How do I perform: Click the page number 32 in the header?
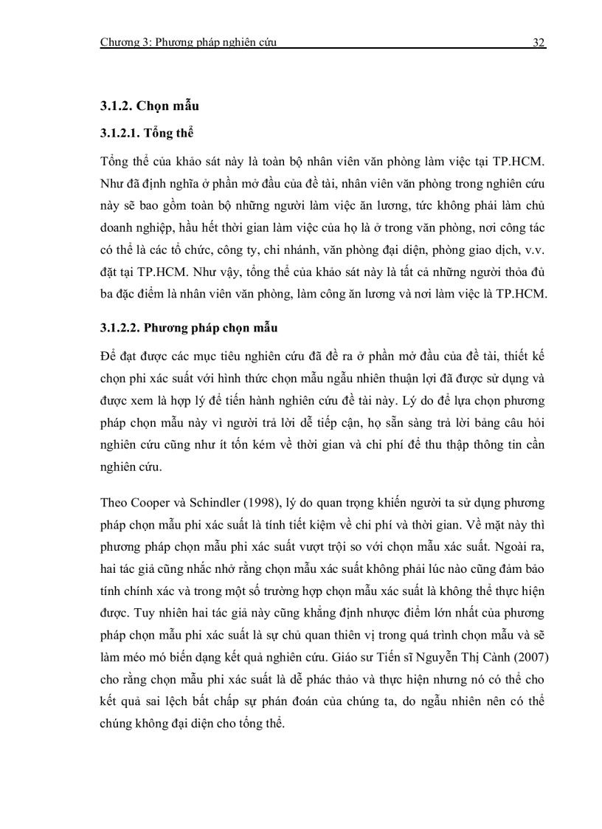[x=538, y=43]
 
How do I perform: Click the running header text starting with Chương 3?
[x=188, y=43]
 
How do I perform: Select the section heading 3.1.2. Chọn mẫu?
[x=150, y=106]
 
